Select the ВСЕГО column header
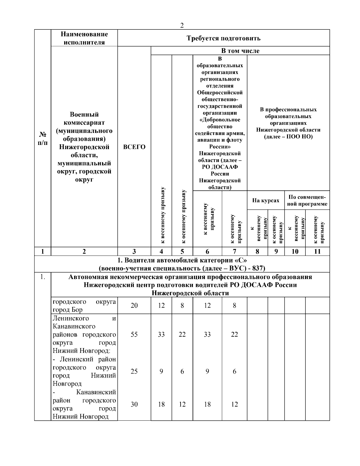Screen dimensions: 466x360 point(134,147)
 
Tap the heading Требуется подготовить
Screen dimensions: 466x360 point(223,38)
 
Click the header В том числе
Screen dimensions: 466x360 point(240,51)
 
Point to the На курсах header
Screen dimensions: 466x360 point(265,200)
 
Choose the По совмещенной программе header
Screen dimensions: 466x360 point(307,200)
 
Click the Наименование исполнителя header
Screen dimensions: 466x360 point(84,38)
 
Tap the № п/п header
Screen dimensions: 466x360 point(42,138)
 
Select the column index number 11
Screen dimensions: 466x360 point(317,251)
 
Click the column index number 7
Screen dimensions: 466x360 point(234,251)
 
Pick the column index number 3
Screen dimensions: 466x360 point(134,251)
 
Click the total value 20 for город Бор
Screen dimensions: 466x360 point(134,305)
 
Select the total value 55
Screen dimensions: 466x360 point(134,334)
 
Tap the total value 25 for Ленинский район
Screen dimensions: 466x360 point(134,371)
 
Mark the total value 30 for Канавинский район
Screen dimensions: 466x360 point(134,404)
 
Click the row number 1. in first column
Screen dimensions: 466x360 point(42,277)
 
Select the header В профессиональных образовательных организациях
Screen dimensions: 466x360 point(288,123)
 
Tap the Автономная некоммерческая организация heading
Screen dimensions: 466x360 point(190,277)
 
